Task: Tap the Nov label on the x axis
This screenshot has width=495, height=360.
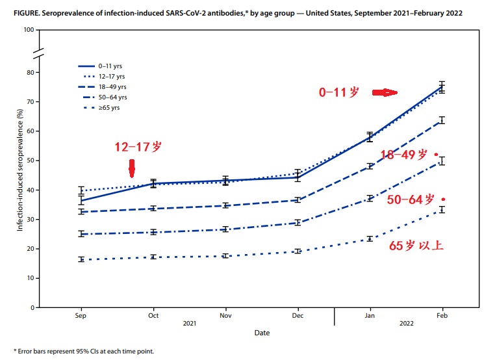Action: [225, 315]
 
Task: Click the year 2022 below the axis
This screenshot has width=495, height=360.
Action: [406, 323]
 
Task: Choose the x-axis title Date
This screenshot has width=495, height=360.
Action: [262, 333]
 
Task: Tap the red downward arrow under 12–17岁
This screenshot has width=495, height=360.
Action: [131, 168]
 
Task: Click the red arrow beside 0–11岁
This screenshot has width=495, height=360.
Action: [384, 93]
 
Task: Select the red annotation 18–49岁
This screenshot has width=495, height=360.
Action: [403, 155]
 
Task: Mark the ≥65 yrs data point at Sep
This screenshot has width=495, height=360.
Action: [81, 259]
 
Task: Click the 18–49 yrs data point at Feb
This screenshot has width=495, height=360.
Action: [442, 120]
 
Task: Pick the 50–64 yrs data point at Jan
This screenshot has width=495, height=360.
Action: [370, 198]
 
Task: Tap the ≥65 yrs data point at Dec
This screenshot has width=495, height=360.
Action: [298, 251]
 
